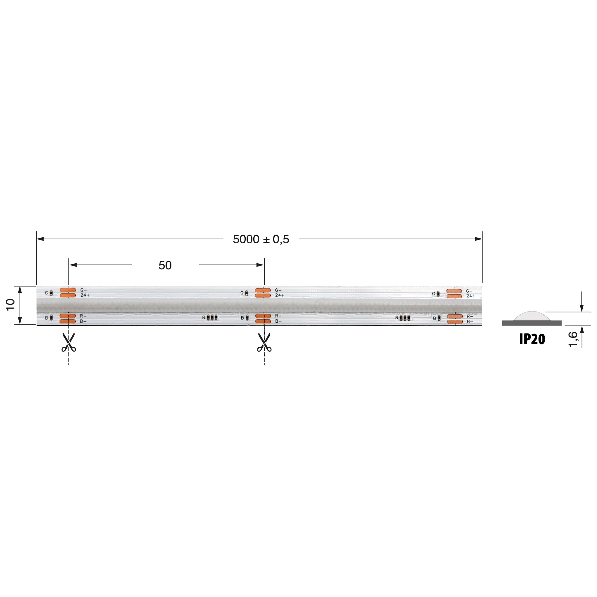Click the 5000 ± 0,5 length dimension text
click(261, 239)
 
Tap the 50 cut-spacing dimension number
click(165, 265)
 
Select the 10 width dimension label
click(11, 305)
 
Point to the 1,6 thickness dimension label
click(573, 339)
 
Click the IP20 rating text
click(532, 339)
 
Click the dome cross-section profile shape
click(531, 316)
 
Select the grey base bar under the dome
click(531, 323)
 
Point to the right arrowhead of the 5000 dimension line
click(478, 239)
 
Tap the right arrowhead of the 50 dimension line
click(260, 265)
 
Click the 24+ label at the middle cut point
click(279, 295)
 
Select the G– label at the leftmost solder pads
click(83, 290)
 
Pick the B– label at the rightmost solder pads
click(470, 322)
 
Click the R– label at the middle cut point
click(278, 316)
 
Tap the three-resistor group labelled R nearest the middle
click(212, 317)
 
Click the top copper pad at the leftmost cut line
click(68, 290)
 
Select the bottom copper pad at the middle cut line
click(263, 321)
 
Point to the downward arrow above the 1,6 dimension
click(581, 308)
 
